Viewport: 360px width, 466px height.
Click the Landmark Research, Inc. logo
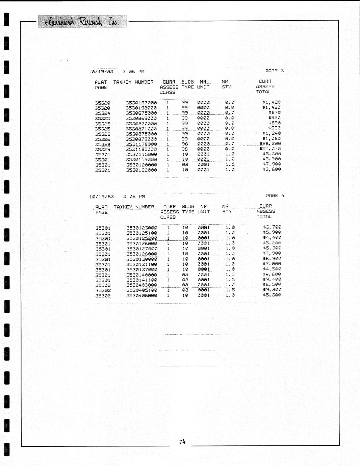[x=82, y=22]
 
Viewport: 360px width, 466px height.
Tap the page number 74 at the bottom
[x=182, y=442]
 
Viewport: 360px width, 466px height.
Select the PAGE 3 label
[x=275, y=71]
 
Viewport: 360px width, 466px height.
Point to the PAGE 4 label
[x=275, y=196]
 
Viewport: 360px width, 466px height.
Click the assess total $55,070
[x=270, y=149]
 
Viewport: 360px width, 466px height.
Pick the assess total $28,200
[x=270, y=144]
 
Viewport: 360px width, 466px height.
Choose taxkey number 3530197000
[x=141, y=103]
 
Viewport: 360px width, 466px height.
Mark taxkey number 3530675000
[x=141, y=113]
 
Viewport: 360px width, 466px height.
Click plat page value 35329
[x=102, y=149]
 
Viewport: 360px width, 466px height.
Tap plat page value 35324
[x=102, y=113]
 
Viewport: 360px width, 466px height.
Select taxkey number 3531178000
[x=141, y=144]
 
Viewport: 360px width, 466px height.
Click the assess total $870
[x=274, y=112]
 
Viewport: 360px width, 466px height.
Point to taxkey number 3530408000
[x=142, y=295]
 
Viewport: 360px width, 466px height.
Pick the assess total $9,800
[x=272, y=290]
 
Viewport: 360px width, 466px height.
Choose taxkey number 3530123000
[x=142, y=228]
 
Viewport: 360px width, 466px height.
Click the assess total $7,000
[x=272, y=264]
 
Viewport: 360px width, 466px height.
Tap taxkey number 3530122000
[x=141, y=170]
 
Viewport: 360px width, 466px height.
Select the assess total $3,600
[x=272, y=169]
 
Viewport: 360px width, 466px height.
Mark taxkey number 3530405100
[x=142, y=290]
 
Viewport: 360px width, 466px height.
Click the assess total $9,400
[x=272, y=279]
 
